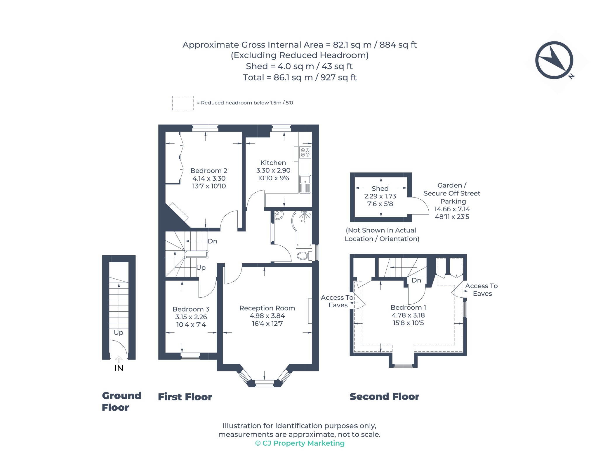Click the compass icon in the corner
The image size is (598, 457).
554,60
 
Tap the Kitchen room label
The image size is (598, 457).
273,163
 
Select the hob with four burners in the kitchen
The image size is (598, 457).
305,152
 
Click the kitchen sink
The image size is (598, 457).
305,184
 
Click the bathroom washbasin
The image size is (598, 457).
278,215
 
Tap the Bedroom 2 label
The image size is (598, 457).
209,171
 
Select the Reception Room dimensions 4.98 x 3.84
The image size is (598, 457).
267,316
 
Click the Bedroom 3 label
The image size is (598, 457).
191,309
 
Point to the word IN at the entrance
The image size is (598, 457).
119,368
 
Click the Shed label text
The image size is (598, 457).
380,189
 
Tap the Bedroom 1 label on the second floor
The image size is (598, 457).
408,308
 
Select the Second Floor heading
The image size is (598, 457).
384,397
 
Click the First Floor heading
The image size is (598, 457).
185,397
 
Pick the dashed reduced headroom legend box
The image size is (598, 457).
183,103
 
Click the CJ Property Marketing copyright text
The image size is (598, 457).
300,443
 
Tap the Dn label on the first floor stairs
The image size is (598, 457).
213,241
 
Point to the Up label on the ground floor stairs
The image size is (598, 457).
119,333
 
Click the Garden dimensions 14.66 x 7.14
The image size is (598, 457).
452,209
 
